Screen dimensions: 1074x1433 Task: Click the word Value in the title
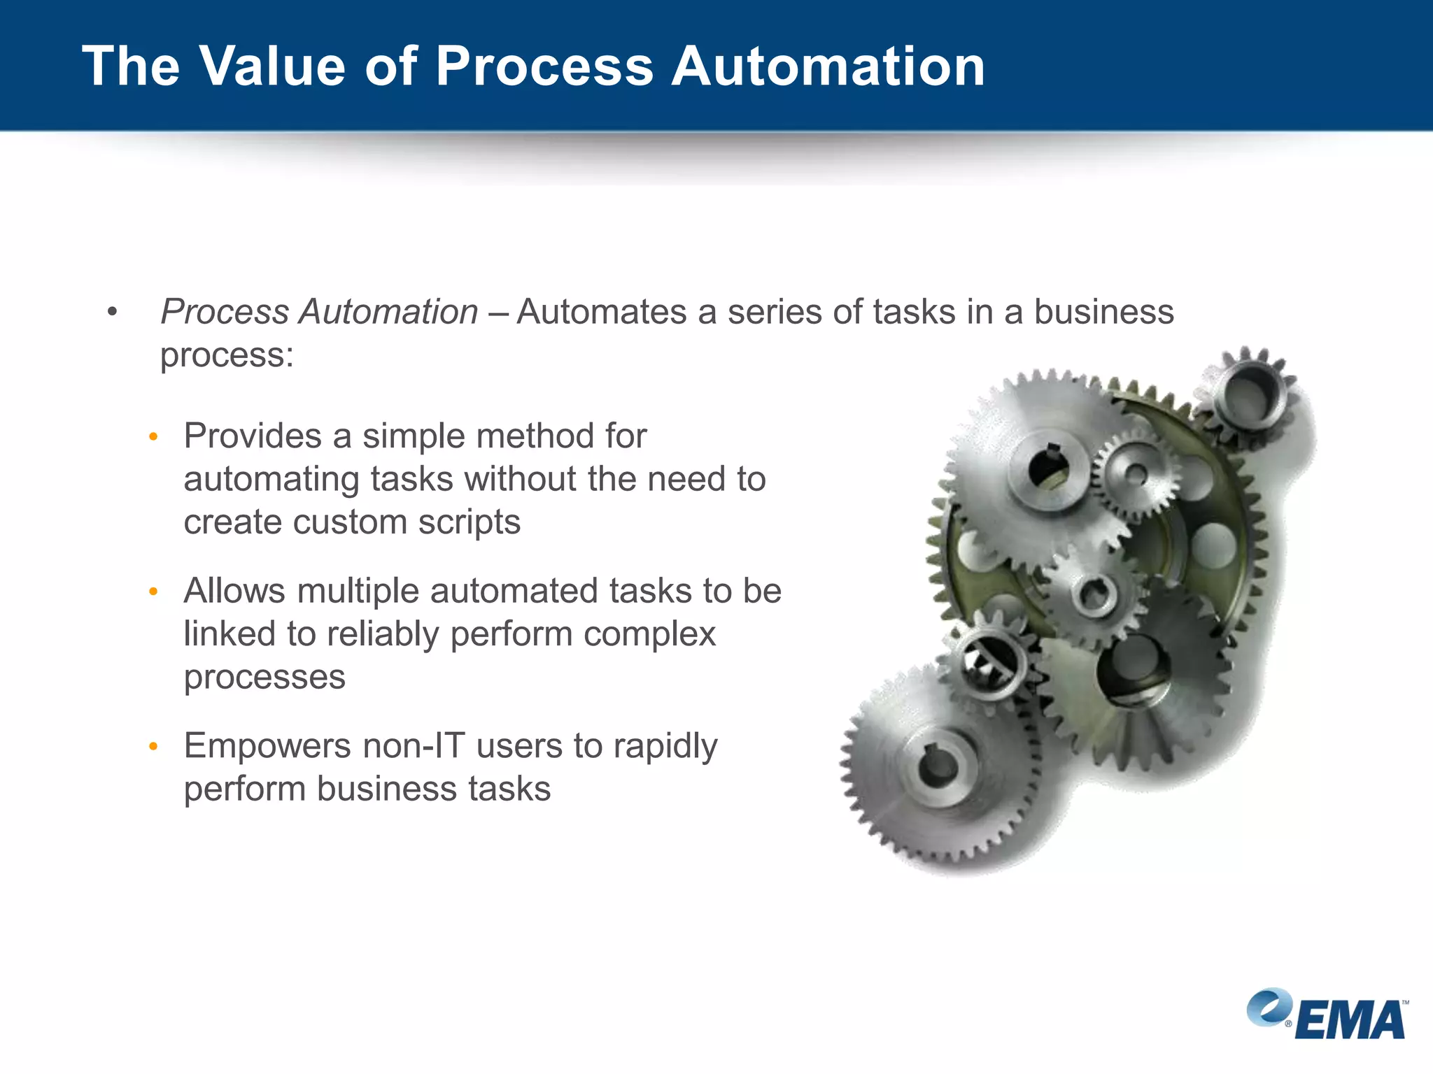click(x=273, y=66)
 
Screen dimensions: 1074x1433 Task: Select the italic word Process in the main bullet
click(x=224, y=312)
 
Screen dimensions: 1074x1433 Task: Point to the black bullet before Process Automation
click(x=112, y=312)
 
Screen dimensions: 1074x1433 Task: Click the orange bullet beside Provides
click(x=154, y=438)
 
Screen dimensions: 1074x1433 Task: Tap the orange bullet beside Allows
click(x=154, y=592)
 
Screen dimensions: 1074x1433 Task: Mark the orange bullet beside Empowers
click(x=154, y=747)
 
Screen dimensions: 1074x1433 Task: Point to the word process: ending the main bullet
click(x=227, y=355)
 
